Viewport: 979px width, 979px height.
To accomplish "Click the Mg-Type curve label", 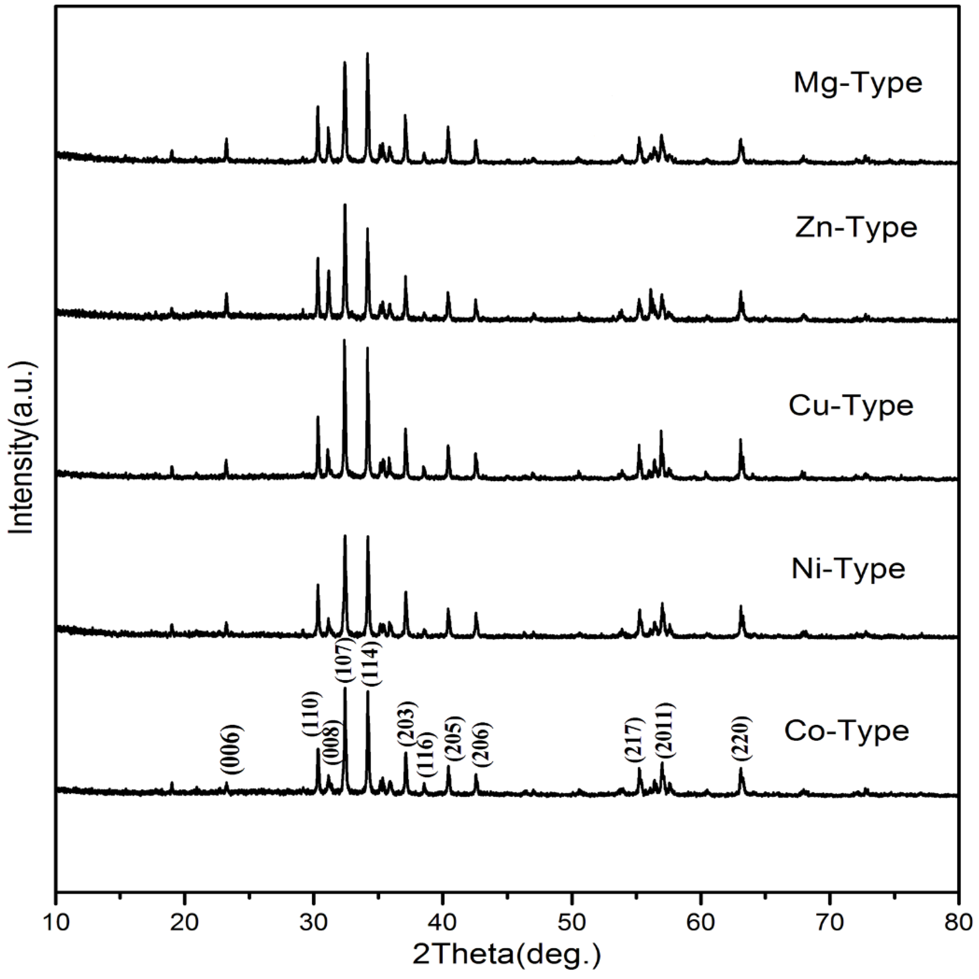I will pyautogui.click(x=857, y=84).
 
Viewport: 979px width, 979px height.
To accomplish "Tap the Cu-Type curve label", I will pyautogui.click(x=851, y=405).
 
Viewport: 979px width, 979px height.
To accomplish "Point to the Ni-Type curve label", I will pyautogui.click(x=848, y=569).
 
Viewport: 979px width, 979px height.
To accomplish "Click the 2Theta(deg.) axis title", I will pyautogui.click(x=507, y=954).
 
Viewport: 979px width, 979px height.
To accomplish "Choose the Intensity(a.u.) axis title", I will pyautogui.click(x=21, y=448).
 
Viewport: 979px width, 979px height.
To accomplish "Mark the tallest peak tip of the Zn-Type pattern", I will pyautogui.click(x=345, y=205).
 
